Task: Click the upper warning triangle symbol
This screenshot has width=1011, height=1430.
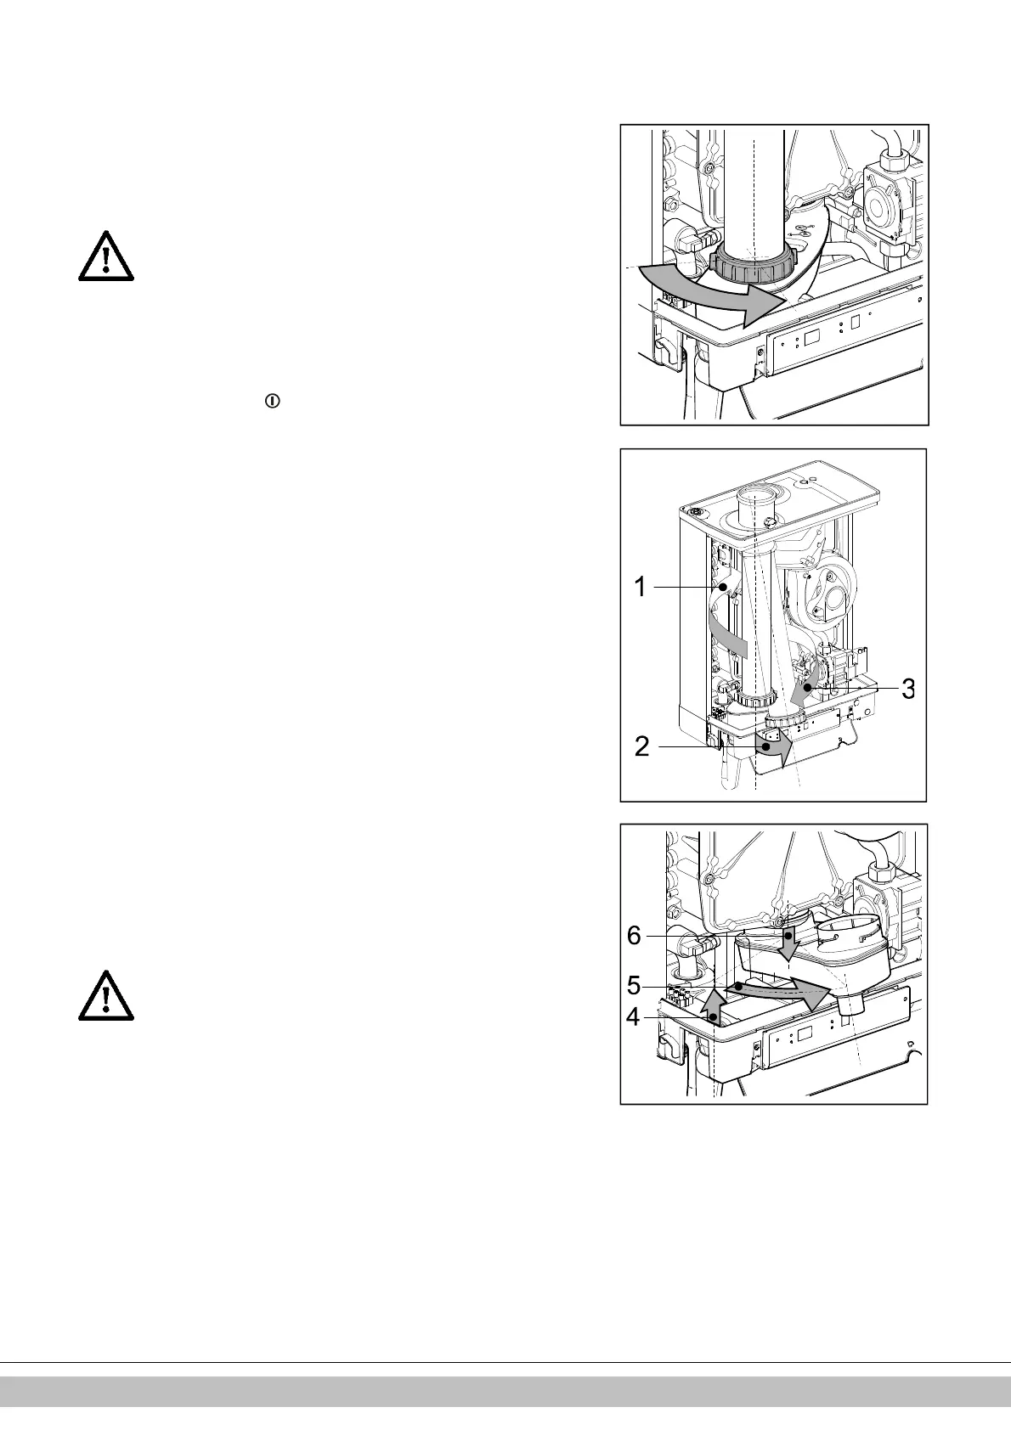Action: (x=106, y=256)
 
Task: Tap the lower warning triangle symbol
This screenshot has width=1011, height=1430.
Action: (x=106, y=995)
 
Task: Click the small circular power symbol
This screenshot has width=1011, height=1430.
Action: (x=272, y=401)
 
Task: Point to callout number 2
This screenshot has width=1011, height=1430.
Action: (x=642, y=746)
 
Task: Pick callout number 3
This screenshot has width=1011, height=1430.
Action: (x=907, y=689)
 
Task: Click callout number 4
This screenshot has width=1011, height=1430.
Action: (x=633, y=1016)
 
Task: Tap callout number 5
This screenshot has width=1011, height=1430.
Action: (x=634, y=986)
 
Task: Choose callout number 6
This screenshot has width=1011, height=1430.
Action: (x=634, y=935)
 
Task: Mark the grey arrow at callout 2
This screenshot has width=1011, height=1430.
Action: (x=775, y=746)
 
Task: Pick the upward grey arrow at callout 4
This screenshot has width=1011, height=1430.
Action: (x=712, y=1005)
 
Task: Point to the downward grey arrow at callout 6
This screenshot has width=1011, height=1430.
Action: (x=789, y=943)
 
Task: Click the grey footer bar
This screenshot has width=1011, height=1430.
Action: (x=505, y=1392)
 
